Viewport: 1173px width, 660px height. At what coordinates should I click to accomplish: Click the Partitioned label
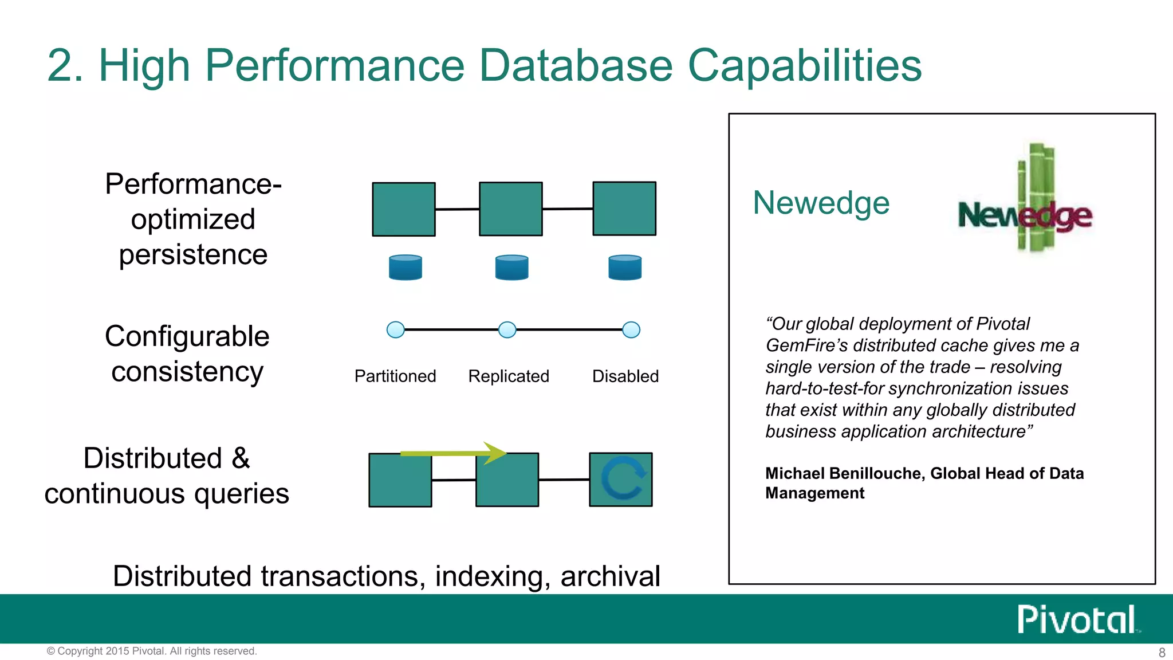pyautogui.click(x=395, y=376)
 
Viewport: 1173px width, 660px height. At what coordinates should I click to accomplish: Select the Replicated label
pyautogui.click(x=509, y=376)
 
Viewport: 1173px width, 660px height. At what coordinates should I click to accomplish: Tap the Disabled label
pyautogui.click(x=625, y=376)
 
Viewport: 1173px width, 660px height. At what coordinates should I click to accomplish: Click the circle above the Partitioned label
pyautogui.click(x=396, y=329)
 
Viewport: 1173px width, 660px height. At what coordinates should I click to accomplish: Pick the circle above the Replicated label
pyautogui.click(x=507, y=329)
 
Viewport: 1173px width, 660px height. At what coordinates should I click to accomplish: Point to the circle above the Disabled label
pyautogui.click(x=631, y=329)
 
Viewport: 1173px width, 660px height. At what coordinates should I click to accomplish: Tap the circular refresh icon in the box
pyautogui.click(x=623, y=479)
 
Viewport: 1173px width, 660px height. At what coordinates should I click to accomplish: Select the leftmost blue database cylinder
pyautogui.click(x=406, y=268)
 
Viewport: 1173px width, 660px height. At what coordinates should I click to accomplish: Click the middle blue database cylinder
pyautogui.click(x=512, y=268)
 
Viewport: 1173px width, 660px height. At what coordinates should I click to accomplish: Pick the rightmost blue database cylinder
pyautogui.click(x=625, y=268)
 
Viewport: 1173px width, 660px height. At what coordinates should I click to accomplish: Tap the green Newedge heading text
pyautogui.click(x=821, y=203)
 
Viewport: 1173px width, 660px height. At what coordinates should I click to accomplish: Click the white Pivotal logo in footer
pyautogui.click(x=1077, y=619)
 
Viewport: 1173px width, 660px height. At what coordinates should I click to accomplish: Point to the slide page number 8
pyautogui.click(x=1162, y=653)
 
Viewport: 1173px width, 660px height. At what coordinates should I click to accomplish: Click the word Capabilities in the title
pyautogui.click(x=804, y=66)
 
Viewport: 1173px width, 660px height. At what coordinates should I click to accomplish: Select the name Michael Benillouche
pyautogui.click(x=844, y=473)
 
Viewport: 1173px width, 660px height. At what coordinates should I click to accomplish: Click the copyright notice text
pyautogui.click(x=152, y=651)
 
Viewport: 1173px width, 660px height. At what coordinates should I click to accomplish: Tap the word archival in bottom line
pyautogui.click(x=611, y=576)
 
